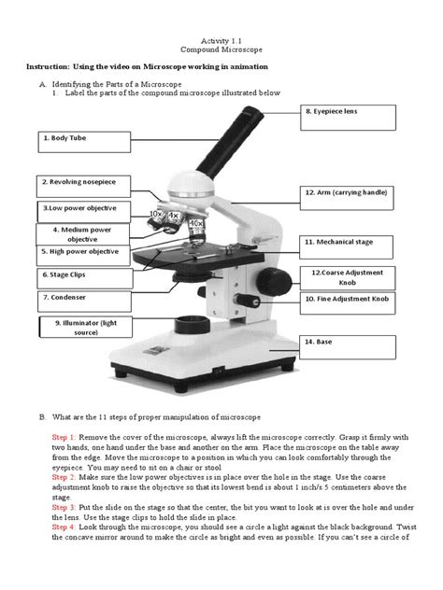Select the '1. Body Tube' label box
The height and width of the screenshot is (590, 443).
tap(82, 142)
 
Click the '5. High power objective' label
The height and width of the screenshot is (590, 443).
tap(82, 252)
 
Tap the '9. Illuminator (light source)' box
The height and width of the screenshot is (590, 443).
tap(85, 327)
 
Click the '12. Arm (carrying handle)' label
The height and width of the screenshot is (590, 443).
tap(345, 192)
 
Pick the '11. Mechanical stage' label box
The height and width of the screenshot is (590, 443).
tap(345, 243)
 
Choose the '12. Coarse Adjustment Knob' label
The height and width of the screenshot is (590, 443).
tap(347, 276)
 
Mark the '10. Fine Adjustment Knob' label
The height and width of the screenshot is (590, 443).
tap(347, 300)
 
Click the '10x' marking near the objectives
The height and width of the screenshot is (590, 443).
tap(155, 215)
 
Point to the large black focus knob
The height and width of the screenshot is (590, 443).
tap(275, 280)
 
